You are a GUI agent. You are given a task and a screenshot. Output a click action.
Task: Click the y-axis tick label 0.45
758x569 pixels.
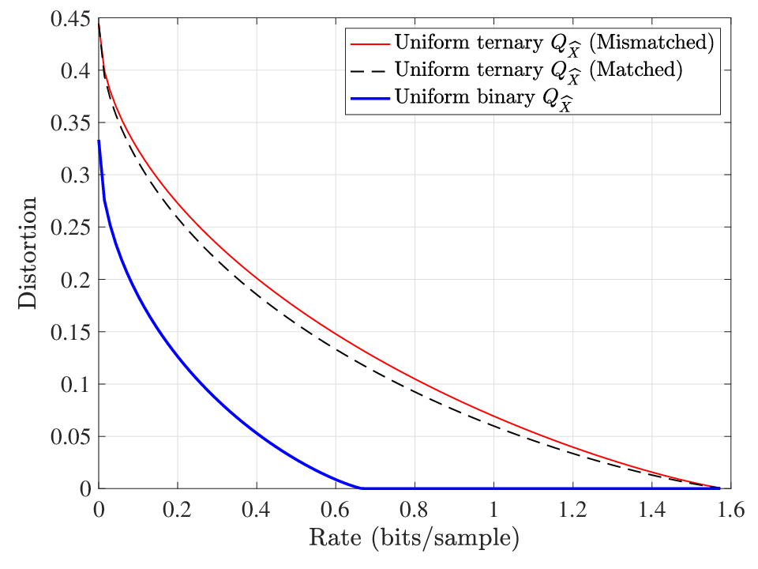pyautogui.click(x=70, y=19)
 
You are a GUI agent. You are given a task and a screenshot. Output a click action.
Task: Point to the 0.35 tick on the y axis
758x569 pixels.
pyautogui.click(x=70, y=123)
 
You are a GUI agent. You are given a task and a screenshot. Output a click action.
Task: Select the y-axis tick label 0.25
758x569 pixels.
pyautogui.click(x=70, y=227)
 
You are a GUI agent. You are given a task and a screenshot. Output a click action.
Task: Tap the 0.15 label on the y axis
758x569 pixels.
pyautogui.click(x=70, y=332)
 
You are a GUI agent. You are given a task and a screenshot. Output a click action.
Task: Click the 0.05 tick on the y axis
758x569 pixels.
pyautogui.click(x=70, y=436)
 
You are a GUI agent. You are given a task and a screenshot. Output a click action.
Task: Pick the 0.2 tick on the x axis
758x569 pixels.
pyautogui.click(x=178, y=510)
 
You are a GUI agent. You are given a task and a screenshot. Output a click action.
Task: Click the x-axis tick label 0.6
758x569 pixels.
pyautogui.click(x=336, y=510)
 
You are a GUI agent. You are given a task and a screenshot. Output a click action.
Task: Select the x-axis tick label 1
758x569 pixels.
pyautogui.click(x=493, y=510)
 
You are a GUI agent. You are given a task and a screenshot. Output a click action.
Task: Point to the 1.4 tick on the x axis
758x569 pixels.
pyautogui.click(x=651, y=510)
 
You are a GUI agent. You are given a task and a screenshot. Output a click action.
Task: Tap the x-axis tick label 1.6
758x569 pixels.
pyautogui.click(x=730, y=510)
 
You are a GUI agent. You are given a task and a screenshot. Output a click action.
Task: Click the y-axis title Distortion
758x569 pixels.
pyautogui.click(x=28, y=253)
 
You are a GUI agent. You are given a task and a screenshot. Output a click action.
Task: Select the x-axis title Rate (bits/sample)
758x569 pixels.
pyautogui.click(x=415, y=538)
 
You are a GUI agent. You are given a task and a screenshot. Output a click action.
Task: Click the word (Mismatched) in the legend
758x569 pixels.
pyautogui.click(x=651, y=43)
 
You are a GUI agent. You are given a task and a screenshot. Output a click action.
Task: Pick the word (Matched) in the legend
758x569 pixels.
pyautogui.click(x=636, y=70)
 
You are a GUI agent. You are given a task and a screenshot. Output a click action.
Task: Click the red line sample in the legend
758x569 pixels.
pyautogui.click(x=370, y=44)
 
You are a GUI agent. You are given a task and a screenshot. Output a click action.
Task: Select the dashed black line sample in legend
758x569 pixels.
pyautogui.click(x=370, y=71)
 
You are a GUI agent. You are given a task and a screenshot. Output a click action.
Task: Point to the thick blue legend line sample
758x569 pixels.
pyautogui.click(x=370, y=98)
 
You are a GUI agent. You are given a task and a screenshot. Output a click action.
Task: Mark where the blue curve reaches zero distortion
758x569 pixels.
pyautogui.click(x=361, y=488)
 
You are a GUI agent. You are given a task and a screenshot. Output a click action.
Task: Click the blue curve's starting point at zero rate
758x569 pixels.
pyautogui.click(x=99, y=141)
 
